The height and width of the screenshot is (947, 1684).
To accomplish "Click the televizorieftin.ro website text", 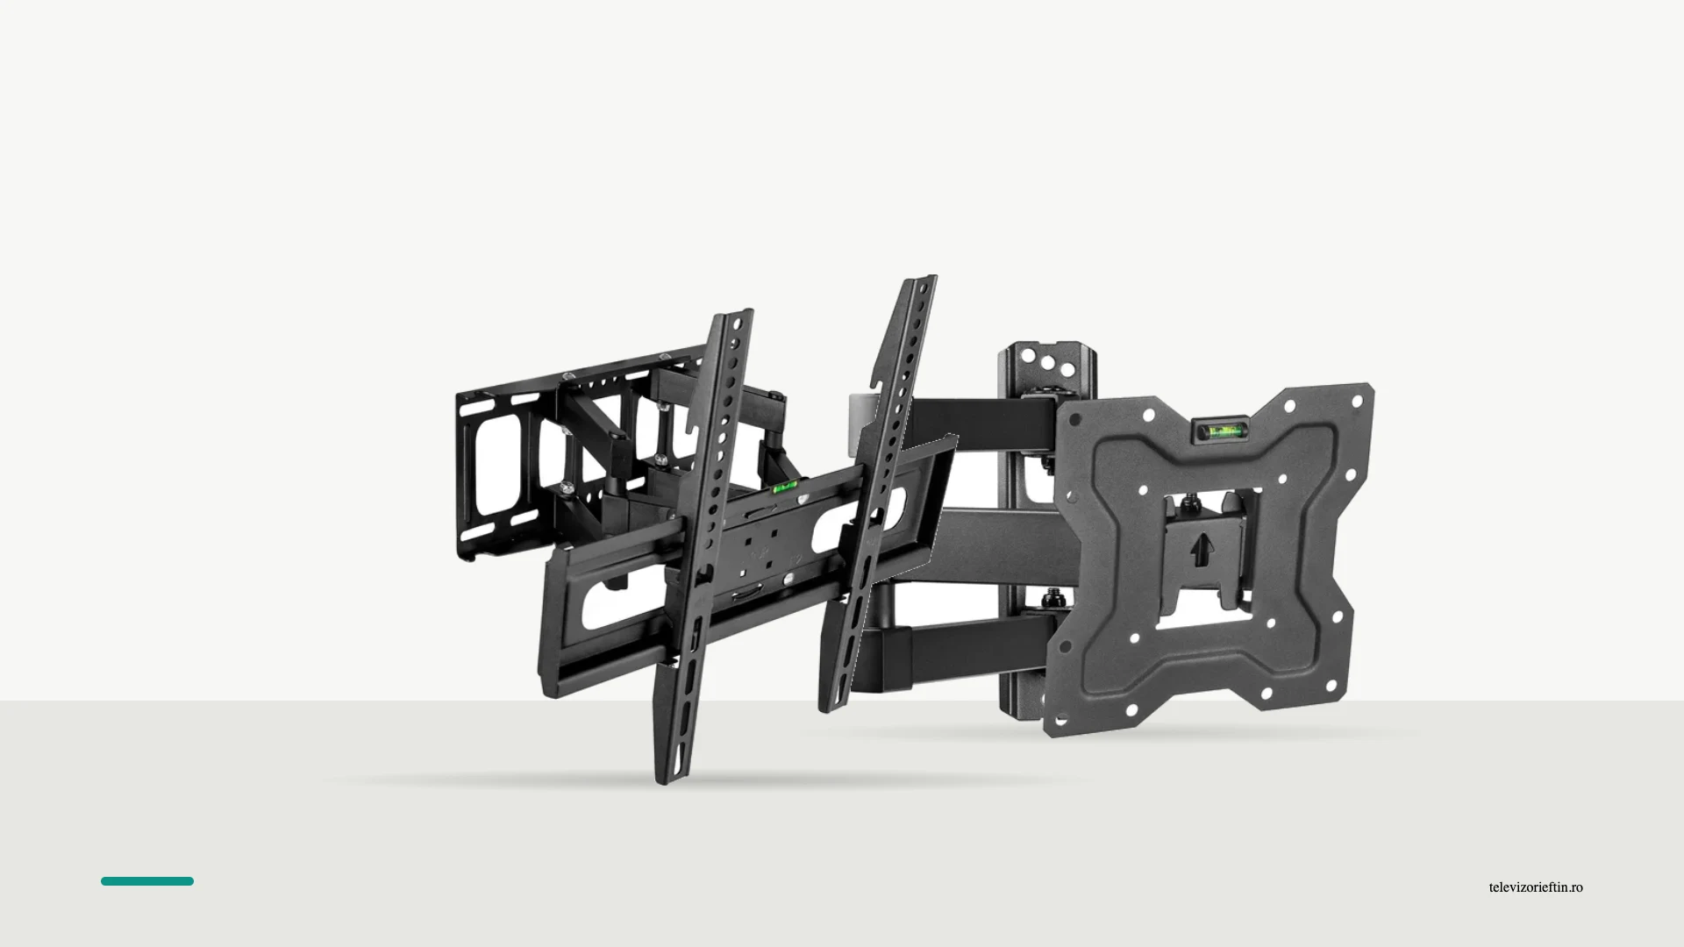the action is click(1536, 887).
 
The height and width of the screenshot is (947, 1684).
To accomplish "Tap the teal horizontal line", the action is click(147, 881).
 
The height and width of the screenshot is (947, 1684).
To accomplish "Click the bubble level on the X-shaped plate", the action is click(1217, 431).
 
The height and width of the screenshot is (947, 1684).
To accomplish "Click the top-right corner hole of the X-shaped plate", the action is click(1358, 402).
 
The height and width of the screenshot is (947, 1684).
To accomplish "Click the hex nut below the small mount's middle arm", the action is click(1051, 601).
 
